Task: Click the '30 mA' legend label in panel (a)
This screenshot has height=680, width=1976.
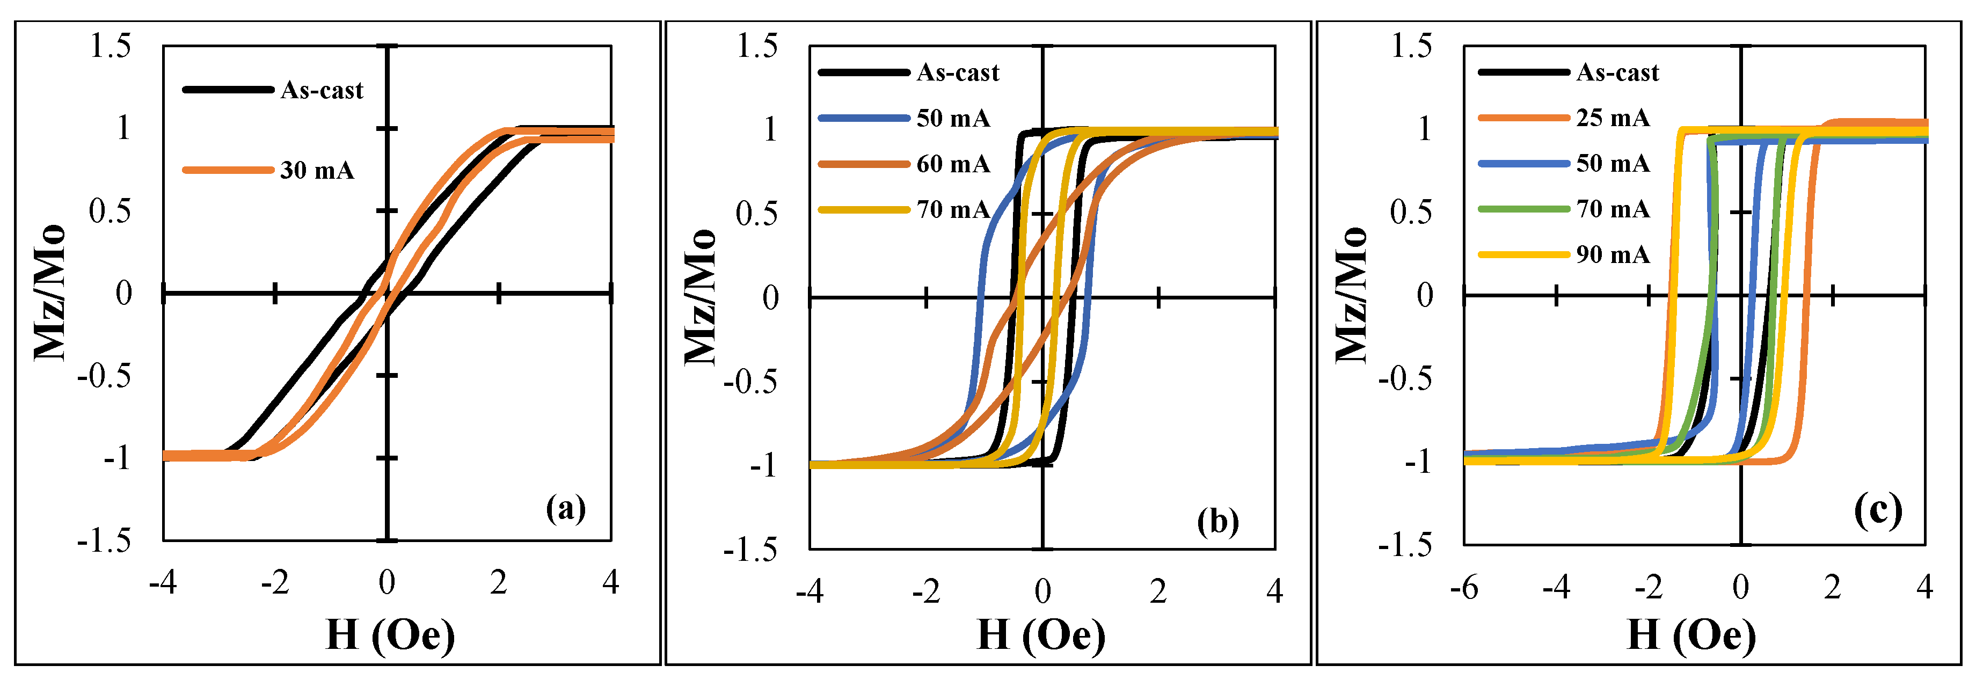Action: point(317,170)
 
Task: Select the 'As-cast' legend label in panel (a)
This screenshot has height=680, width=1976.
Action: point(322,91)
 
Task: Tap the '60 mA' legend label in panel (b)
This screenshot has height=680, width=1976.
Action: point(953,164)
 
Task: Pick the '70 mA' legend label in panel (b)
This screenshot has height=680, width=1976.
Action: point(953,209)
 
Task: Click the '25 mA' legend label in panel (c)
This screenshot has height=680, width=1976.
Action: point(1613,118)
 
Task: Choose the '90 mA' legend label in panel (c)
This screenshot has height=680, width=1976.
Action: point(1613,254)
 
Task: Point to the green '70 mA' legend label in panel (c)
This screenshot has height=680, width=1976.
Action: point(1613,209)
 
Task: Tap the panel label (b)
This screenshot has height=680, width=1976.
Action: point(1218,522)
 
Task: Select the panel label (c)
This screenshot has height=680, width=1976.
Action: point(1878,510)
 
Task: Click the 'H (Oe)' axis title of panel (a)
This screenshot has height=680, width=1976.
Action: point(390,635)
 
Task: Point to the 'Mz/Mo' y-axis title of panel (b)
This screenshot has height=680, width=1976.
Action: point(699,297)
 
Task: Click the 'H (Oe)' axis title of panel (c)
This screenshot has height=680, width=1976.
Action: point(1691,635)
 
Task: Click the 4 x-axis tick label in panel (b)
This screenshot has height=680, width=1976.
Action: point(1274,591)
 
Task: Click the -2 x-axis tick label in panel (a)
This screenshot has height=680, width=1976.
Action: point(275,583)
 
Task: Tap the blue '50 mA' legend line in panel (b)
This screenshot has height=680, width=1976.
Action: point(864,118)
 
